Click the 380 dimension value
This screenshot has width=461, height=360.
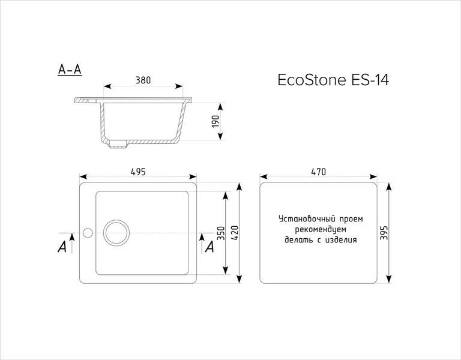143,80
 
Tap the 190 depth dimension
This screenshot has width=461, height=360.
215,121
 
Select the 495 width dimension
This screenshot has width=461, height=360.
138,172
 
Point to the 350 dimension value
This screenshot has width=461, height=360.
221,233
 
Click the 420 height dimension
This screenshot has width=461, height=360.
235,233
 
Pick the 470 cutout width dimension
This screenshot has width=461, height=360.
318,172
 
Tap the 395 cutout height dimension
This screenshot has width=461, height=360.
384,233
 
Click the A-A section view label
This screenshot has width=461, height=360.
70,70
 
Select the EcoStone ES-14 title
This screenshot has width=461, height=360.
333,80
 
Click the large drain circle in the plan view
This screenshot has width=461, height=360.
116,220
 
